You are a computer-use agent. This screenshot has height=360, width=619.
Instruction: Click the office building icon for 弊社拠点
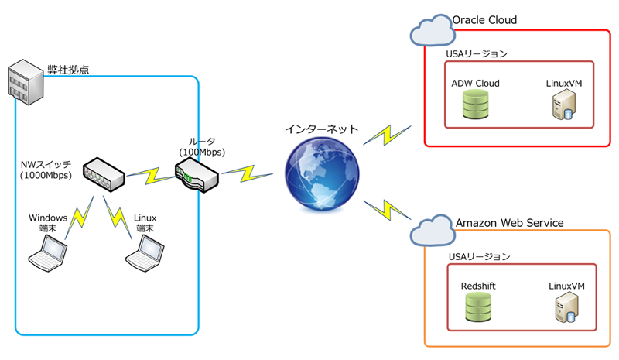[24, 83]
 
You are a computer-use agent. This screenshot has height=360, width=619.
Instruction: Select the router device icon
[197, 177]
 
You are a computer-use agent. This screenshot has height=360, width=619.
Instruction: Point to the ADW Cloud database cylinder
[474, 105]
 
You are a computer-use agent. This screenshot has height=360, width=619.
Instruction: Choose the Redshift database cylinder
[477, 308]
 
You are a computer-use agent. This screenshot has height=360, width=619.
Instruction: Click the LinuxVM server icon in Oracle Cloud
[563, 106]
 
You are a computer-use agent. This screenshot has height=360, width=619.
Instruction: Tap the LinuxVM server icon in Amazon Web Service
[564, 309]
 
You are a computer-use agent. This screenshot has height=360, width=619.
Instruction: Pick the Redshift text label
[478, 286]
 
